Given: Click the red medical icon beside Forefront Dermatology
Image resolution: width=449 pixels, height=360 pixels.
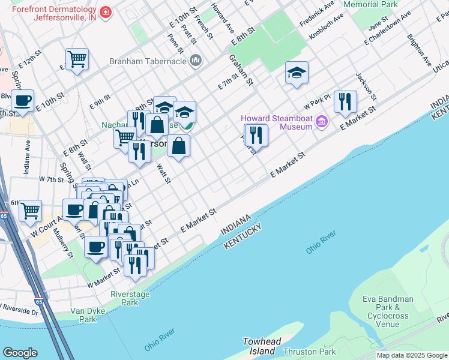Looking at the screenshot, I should point(106,12).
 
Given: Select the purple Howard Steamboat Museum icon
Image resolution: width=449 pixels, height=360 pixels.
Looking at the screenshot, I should point(322,122).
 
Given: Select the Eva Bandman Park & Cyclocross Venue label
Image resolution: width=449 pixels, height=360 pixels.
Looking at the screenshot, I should point(388,311).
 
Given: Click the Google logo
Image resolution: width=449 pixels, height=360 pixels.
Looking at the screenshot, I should point(20,352).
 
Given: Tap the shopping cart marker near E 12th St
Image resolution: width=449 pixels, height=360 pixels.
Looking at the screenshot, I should point(77,59).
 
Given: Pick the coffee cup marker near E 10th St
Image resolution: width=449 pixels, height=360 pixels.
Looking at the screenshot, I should point(22,101).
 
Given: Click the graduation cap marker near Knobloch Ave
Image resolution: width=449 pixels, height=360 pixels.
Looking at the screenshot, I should point(297,73).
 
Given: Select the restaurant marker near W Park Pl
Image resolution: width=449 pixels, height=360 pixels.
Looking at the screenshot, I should point(345,102).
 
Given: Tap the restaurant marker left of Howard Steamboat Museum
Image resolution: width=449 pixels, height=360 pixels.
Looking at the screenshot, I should point(256,136).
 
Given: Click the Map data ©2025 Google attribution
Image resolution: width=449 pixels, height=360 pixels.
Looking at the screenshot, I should point(412,355).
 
